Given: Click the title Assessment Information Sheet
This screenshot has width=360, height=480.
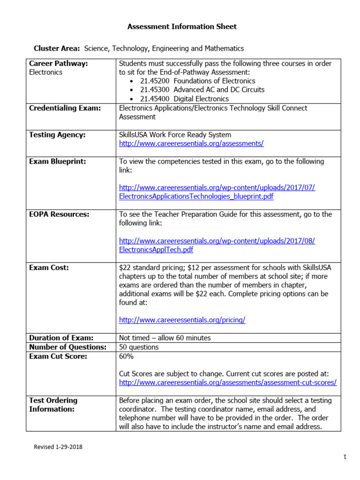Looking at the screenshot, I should (x=182, y=27).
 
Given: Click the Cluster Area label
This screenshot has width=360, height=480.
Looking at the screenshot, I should (x=57, y=48).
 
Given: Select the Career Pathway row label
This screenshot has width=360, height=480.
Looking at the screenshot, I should (x=59, y=63).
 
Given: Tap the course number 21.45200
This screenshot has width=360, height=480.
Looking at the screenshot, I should (x=155, y=81).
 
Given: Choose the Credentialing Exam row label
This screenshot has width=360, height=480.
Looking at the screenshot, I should (x=65, y=108).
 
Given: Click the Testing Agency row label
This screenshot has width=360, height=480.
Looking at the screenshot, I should (x=57, y=135).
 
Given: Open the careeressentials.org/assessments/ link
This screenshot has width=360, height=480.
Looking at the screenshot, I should (x=191, y=143).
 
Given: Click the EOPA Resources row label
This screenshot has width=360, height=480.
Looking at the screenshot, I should (x=59, y=214).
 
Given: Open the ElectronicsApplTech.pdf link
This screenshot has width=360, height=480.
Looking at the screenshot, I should (x=156, y=249).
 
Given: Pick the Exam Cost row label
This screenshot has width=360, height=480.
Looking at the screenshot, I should (x=49, y=268).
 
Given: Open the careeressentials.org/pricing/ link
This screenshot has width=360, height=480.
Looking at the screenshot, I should (x=182, y=320).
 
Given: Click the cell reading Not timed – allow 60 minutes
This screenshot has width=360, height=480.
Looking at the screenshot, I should (x=165, y=338).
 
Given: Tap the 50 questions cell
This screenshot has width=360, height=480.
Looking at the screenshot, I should (x=139, y=347).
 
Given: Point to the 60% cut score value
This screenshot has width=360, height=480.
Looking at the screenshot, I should (x=126, y=356).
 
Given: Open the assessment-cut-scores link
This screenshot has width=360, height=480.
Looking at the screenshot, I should (x=228, y=382).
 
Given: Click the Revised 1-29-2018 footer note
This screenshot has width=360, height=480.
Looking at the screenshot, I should (x=58, y=447).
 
